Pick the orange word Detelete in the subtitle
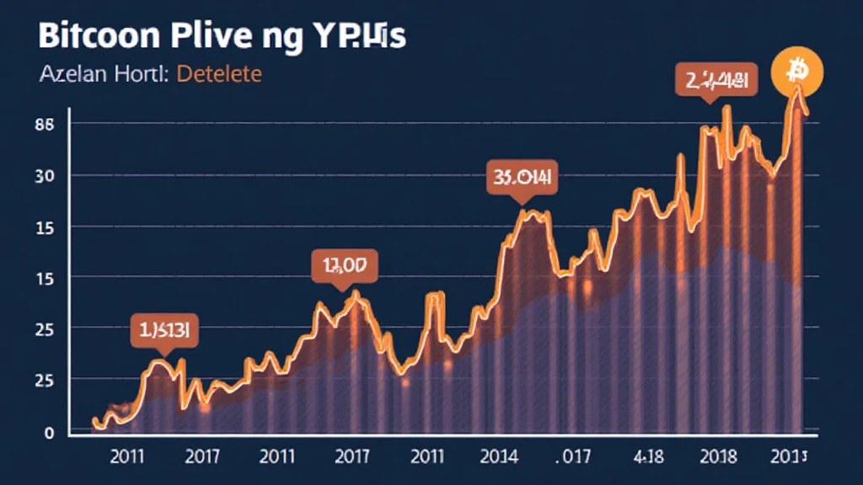pyautogui.click(x=217, y=74)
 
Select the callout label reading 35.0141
pyautogui.click(x=522, y=179)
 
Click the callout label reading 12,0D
pyautogui.click(x=344, y=266)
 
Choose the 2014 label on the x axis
pyautogui.click(x=498, y=457)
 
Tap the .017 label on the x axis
pyautogui.click(x=577, y=457)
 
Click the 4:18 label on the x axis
pyautogui.click(x=650, y=457)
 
